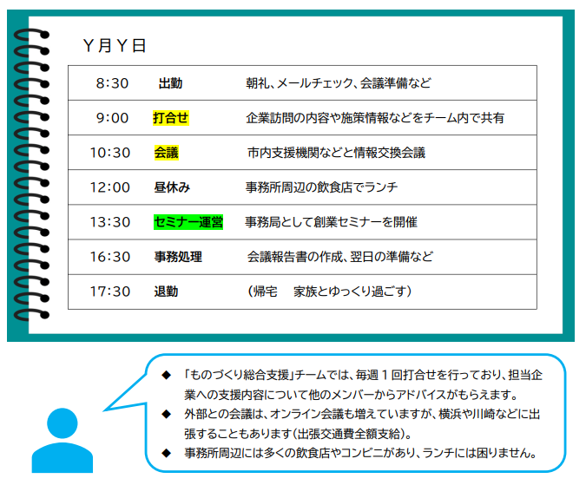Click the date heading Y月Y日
pyautogui.click(x=115, y=46)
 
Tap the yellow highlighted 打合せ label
pyautogui.click(x=171, y=118)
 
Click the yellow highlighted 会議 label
pyautogui.click(x=167, y=153)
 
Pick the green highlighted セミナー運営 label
pyautogui.click(x=188, y=222)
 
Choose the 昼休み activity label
pyautogui.click(x=172, y=187)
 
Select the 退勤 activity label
pyautogui.click(x=166, y=292)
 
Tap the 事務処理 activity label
pyautogui.click(x=178, y=257)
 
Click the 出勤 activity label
pyautogui.click(x=170, y=83)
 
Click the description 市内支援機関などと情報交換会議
pyautogui.click(x=336, y=153)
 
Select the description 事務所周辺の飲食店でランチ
pyautogui.click(x=321, y=187)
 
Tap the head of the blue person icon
pyautogui.click(x=62, y=423)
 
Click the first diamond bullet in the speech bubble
pyautogui.click(x=166, y=375)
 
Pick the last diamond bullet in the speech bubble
pyautogui.click(x=166, y=453)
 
